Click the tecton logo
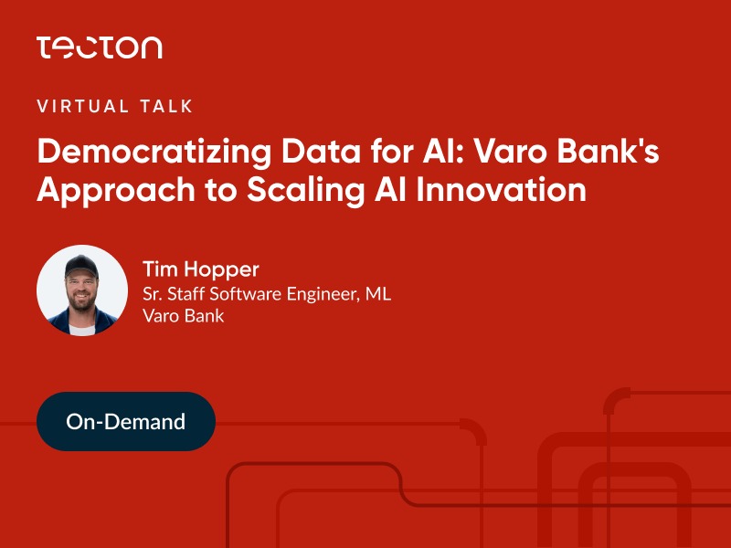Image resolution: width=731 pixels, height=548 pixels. (100, 47)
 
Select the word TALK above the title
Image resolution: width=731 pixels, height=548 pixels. (166, 106)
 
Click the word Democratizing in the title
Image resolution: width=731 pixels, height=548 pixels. (154, 153)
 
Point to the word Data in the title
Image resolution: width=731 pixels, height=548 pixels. (322, 151)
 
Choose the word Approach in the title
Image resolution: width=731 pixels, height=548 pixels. (116, 191)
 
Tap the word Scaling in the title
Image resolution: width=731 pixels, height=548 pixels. (306, 191)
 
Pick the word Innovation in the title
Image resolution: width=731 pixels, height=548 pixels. (501, 189)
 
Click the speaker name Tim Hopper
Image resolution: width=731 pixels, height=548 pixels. (200, 269)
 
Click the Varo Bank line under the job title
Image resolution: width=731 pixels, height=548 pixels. (184, 316)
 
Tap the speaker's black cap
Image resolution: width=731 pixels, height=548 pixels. (81, 266)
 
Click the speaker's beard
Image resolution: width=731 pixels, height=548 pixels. (82, 301)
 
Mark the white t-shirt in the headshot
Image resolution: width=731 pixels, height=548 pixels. (82, 330)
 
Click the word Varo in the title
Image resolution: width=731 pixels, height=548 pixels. (511, 151)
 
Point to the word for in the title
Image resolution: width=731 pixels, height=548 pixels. (392, 151)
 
